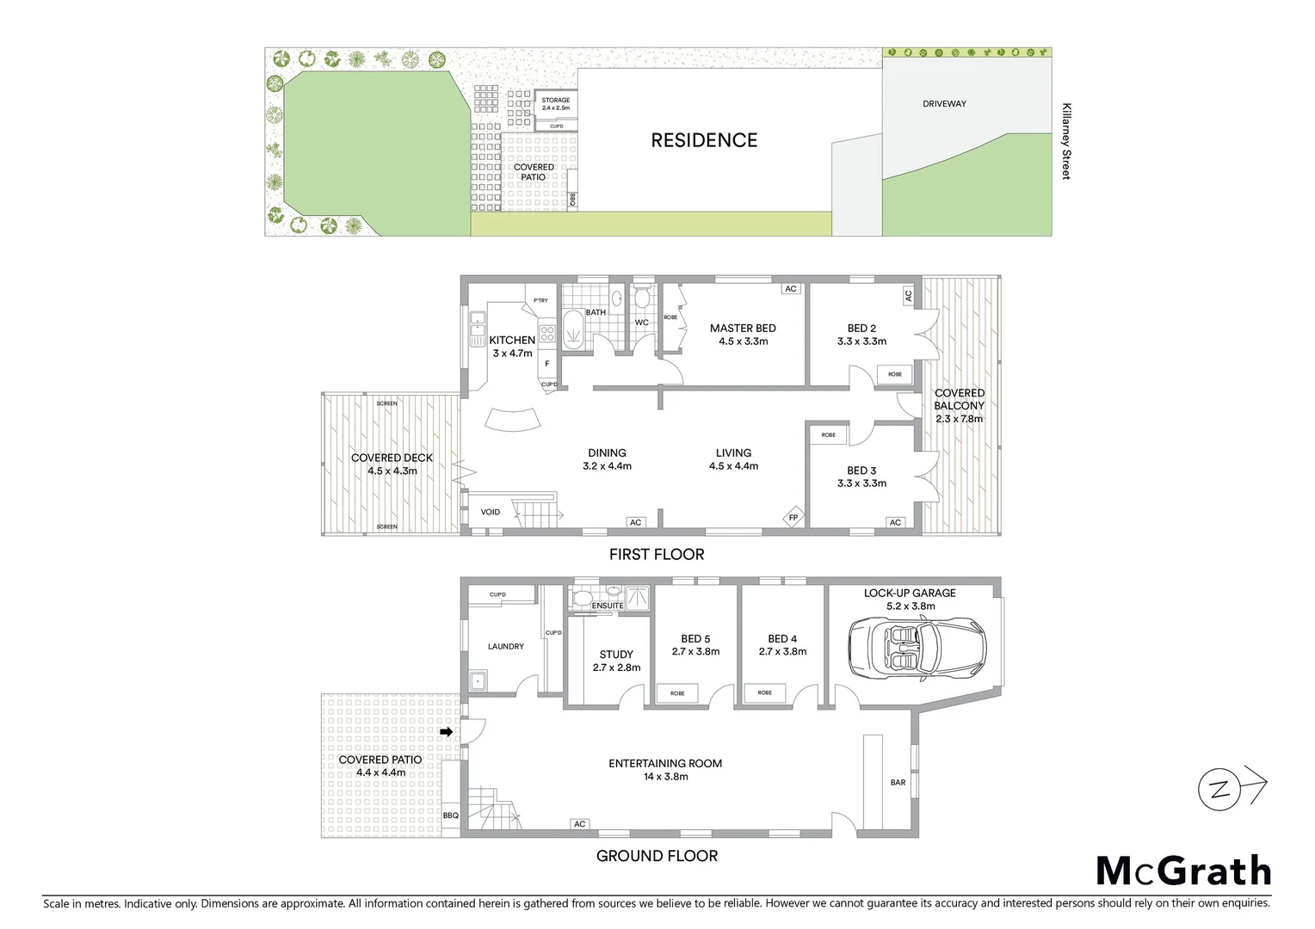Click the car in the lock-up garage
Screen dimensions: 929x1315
tap(917, 649)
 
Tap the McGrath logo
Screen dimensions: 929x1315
tap(1183, 871)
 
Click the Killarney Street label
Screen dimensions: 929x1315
tap(1066, 141)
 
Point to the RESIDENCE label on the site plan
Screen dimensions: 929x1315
tap(704, 140)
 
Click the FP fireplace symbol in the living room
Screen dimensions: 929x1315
tap(793, 517)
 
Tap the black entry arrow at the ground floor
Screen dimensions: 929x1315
tap(446, 731)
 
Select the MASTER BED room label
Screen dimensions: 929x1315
tap(743, 328)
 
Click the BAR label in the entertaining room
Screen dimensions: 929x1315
tap(898, 783)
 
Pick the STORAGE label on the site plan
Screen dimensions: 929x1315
tap(556, 101)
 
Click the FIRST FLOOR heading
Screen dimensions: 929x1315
tap(657, 555)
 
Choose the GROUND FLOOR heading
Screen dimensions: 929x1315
tap(657, 856)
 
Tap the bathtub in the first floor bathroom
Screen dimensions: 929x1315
tap(572, 331)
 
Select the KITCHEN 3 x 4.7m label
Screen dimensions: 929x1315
tap(512, 346)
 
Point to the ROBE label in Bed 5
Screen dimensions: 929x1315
tap(677, 693)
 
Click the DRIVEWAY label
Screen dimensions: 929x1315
tap(944, 104)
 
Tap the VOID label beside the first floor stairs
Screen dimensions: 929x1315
tap(490, 512)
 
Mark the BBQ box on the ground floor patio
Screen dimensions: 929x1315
tap(451, 815)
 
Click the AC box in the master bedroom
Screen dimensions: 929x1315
tap(791, 289)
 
